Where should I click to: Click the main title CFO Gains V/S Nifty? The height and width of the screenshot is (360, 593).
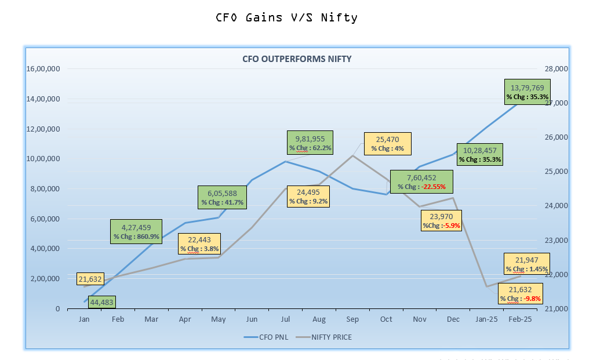click(286, 17)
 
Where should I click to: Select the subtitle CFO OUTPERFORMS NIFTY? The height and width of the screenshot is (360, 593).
click(296, 59)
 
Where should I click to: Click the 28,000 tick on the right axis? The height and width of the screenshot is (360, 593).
click(557, 68)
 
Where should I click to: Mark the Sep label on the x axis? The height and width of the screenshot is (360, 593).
click(352, 319)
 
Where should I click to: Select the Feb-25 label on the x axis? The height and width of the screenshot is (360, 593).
click(520, 319)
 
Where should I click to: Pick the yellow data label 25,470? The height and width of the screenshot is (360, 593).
click(388, 140)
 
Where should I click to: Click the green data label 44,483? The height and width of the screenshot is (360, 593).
click(101, 302)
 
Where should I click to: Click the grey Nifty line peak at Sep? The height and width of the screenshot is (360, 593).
click(353, 155)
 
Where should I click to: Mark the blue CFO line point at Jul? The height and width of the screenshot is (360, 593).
click(285, 161)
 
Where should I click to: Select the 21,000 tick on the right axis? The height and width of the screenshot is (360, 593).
click(557, 308)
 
